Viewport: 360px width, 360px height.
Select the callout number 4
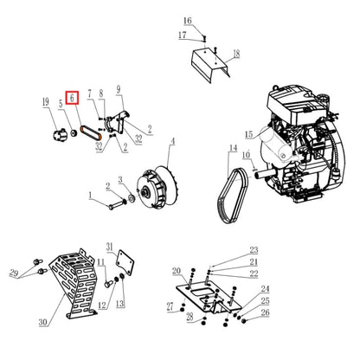pos(171,141)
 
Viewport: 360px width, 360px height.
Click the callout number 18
pos(236,53)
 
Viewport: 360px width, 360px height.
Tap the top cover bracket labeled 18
pos(209,62)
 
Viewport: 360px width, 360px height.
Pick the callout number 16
pos(188,20)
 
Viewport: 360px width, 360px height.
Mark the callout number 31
pos(110,247)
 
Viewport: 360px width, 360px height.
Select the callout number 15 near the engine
pos(247,134)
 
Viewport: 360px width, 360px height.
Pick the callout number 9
pos(119,88)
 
